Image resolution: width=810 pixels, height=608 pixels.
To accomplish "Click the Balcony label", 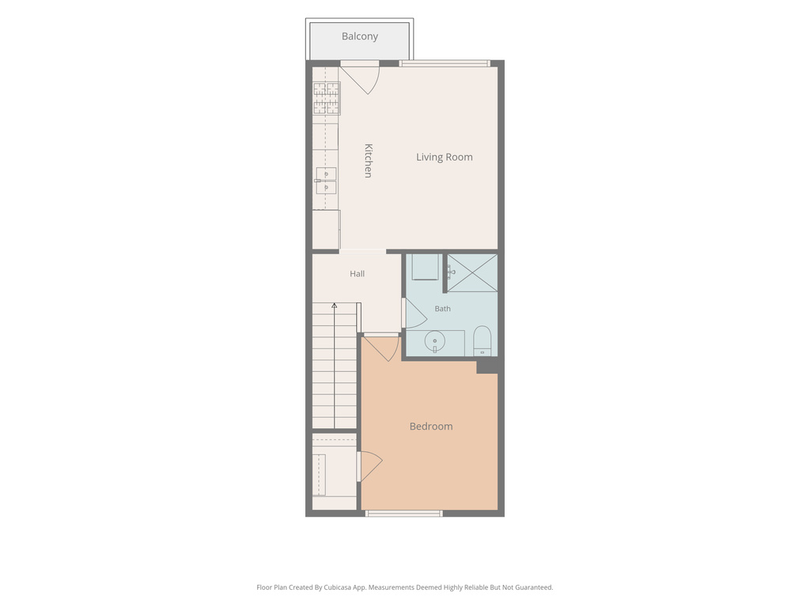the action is point(360,36).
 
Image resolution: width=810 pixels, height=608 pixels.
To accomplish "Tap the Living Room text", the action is point(445,158).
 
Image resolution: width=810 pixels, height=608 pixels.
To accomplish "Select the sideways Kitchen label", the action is point(369,161).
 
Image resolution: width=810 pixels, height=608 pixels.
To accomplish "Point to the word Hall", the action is point(357,274).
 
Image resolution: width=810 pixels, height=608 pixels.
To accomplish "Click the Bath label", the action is point(442,309).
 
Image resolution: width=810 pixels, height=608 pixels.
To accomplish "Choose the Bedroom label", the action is point(431,427).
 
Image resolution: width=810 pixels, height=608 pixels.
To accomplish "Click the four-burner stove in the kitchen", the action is point(327,98).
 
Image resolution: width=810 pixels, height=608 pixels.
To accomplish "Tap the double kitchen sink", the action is point(326,180).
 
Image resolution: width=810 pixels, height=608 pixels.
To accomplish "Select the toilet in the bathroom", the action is point(482,340).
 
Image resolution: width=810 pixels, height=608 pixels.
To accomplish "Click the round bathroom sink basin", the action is point(435,341).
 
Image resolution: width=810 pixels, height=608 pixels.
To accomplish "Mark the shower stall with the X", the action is point(472,272).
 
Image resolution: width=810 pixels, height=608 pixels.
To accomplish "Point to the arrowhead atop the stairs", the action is point(335,306).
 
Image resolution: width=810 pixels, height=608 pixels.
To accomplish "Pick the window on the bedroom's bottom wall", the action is point(404,513).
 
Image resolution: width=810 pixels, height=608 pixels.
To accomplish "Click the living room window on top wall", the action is point(445,63).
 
